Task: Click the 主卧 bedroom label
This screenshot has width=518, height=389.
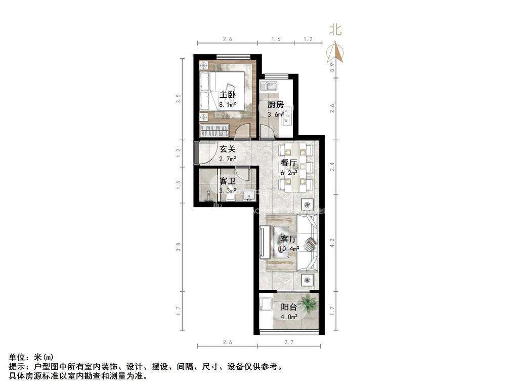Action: pos(227,95)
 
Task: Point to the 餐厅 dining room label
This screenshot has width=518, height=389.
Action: pos(289,163)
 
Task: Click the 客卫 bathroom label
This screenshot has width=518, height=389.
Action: pos(228,181)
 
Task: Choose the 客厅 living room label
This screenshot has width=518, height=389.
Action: pos(289,239)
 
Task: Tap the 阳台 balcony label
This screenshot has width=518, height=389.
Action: pos(289,306)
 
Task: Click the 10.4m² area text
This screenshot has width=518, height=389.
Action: pos(289,248)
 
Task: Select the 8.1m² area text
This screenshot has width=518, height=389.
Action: pos(228,105)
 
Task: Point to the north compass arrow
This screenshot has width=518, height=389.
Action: pos(335,51)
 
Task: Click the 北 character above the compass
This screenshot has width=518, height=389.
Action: pos(335,30)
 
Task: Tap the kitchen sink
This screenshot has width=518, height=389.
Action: pos(268,86)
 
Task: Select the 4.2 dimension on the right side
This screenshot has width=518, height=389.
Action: pos(332,242)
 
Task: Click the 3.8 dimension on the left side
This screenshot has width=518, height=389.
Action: pos(179,247)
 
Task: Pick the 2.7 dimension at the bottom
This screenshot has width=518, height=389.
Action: pos(289,342)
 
